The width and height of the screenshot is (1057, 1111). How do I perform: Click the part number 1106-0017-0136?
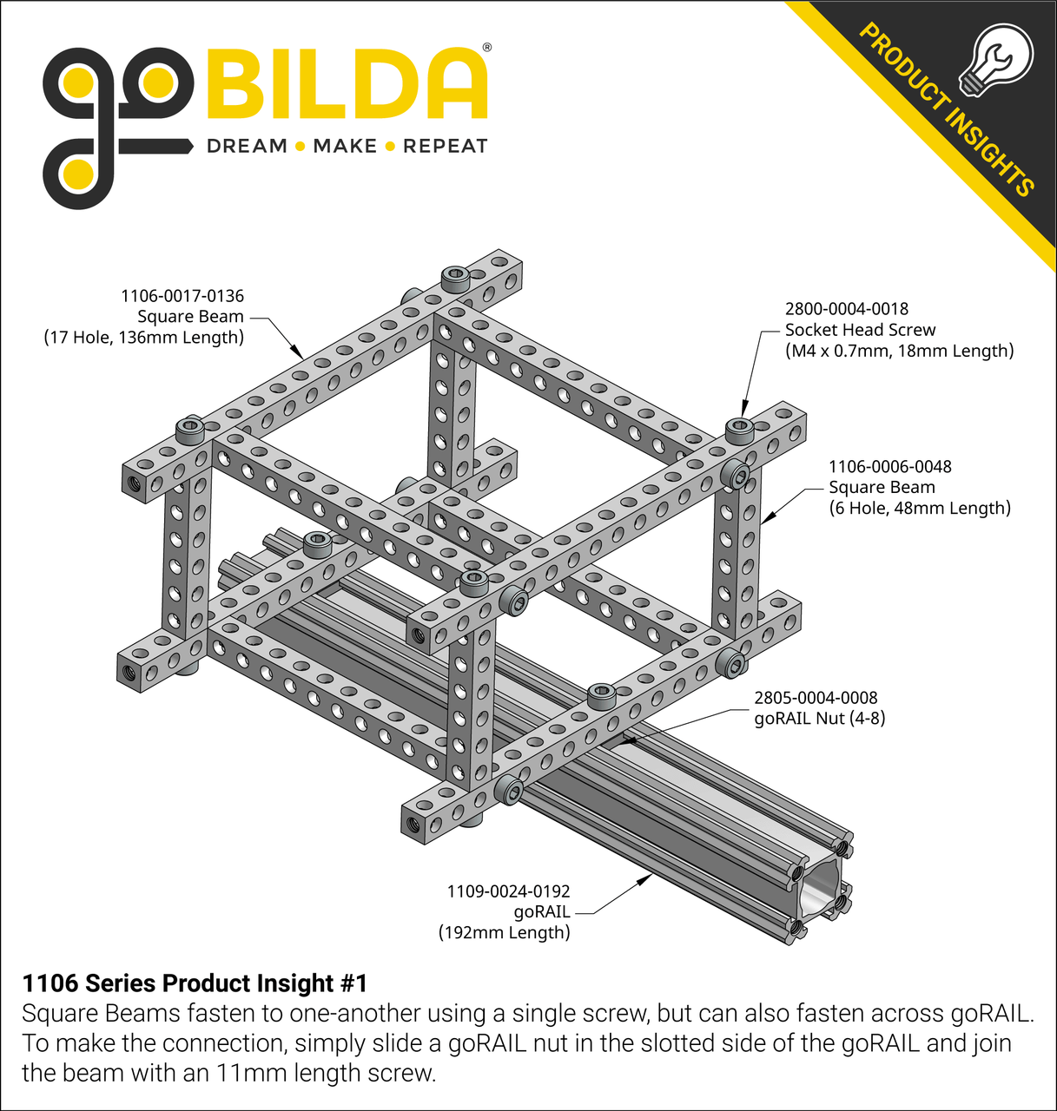pyautogui.click(x=182, y=296)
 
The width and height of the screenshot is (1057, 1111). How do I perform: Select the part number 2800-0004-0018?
pyautogui.click(x=846, y=309)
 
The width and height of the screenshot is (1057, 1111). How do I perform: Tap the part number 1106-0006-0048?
pyautogui.click(x=889, y=467)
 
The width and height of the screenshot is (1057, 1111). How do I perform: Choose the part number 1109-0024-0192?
pyautogui.click(x=508, y=891)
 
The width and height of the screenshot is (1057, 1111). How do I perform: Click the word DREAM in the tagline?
pyautogui.click(x=247, y=147)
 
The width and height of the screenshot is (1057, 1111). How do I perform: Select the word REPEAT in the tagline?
pyautogui.click(x=445, y=147)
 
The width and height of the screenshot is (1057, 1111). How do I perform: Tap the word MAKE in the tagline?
pyautogui.click(x=345, y=147)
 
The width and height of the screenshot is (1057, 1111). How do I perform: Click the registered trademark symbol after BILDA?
pyautogui.click(x=486, y=48)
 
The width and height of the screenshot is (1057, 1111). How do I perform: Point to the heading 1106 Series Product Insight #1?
pyautogui.click(x=195, y=983)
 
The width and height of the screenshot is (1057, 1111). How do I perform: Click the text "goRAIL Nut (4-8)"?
pyautogui.click(x=819, y=719)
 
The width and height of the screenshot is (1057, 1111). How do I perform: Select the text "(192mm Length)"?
pyautogui.click(x=504, y=933)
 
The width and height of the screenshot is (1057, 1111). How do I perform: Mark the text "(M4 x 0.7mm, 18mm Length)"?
pyautogui.click(x=899, y=352)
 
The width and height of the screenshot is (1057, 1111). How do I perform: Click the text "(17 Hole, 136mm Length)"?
pyautogui.click(x=143, y=338)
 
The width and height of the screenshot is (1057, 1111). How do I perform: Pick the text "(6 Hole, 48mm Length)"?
pyautogui.click(x=919, y=509)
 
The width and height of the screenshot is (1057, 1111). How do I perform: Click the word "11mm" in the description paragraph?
pyautogui.click(x=252, y=1073)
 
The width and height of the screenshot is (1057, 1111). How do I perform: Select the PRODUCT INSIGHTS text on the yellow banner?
pyautogui.click(x=946, y=109)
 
